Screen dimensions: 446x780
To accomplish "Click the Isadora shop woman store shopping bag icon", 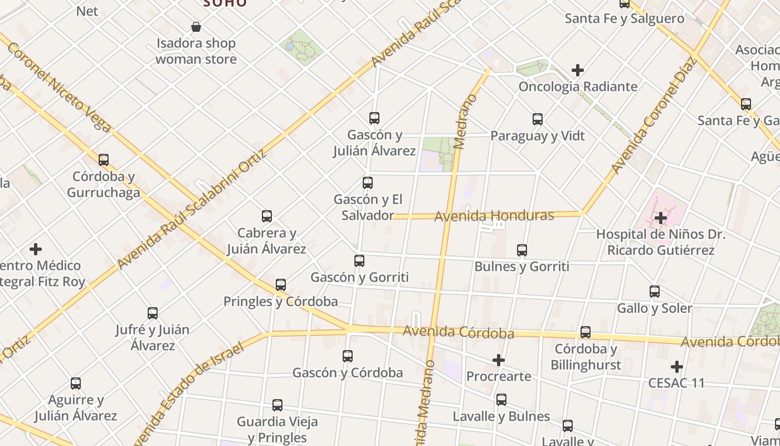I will point(196,26).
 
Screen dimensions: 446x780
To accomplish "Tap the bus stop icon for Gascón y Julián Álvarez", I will point(374,118).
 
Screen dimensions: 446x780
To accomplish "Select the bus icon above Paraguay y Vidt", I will point(538,119).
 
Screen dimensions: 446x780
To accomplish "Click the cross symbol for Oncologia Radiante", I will point(578,70).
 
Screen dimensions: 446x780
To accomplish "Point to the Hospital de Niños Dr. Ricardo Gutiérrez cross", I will point(661,217).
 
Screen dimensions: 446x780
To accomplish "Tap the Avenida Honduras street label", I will point(494,216).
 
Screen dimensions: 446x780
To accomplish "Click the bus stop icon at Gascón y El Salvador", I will point(368,183).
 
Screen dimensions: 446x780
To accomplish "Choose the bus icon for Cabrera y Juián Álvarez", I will point(267,216).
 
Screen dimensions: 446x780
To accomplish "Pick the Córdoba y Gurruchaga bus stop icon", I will point(104,160).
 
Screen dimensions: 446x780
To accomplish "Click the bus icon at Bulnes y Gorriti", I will point(522,250).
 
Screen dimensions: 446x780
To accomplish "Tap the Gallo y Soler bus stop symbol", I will point(655,292).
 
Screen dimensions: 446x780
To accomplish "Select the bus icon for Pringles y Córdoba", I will point(281,285).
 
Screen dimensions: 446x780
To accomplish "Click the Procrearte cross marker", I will point(499,360).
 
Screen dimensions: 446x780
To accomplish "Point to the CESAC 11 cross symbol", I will point(677,367).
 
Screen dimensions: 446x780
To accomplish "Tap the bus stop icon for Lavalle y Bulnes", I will point(501,400).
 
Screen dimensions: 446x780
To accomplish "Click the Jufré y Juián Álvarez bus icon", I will point(153,313).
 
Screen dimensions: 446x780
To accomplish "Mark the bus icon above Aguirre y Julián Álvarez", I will point(76,384).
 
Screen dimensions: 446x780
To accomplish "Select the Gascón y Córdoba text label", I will point(347,373).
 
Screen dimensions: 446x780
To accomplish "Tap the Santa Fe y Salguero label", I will point(624,18).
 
